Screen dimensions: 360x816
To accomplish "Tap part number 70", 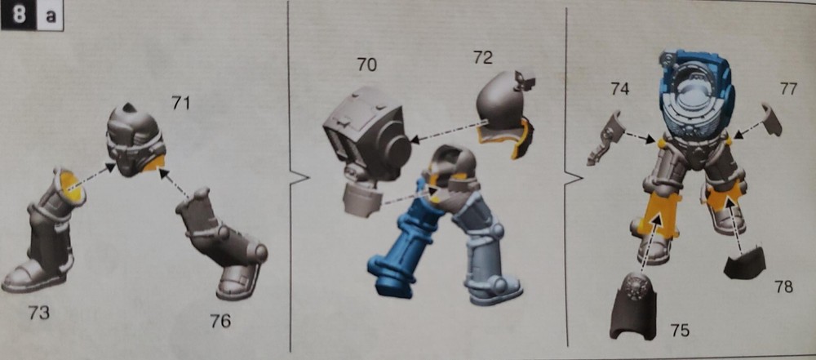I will coord(366,64).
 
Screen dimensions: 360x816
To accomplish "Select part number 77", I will coord(788,89).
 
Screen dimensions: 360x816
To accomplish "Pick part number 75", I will coord(679,330).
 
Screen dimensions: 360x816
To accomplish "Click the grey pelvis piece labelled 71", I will coord(135,143).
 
